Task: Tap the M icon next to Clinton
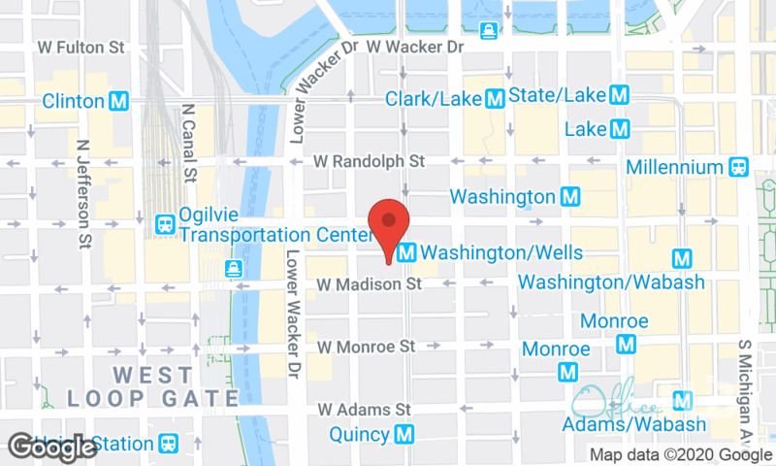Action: coord(120,101)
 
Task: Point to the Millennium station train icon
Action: coord(739,166)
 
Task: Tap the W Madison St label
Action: coord(370,284)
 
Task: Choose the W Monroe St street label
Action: coord(366,346)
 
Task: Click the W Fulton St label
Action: coord(81,47)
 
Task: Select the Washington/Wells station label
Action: coord(502,253)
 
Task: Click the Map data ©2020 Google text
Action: coord(681,454)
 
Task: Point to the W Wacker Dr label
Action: coord(416,47)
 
